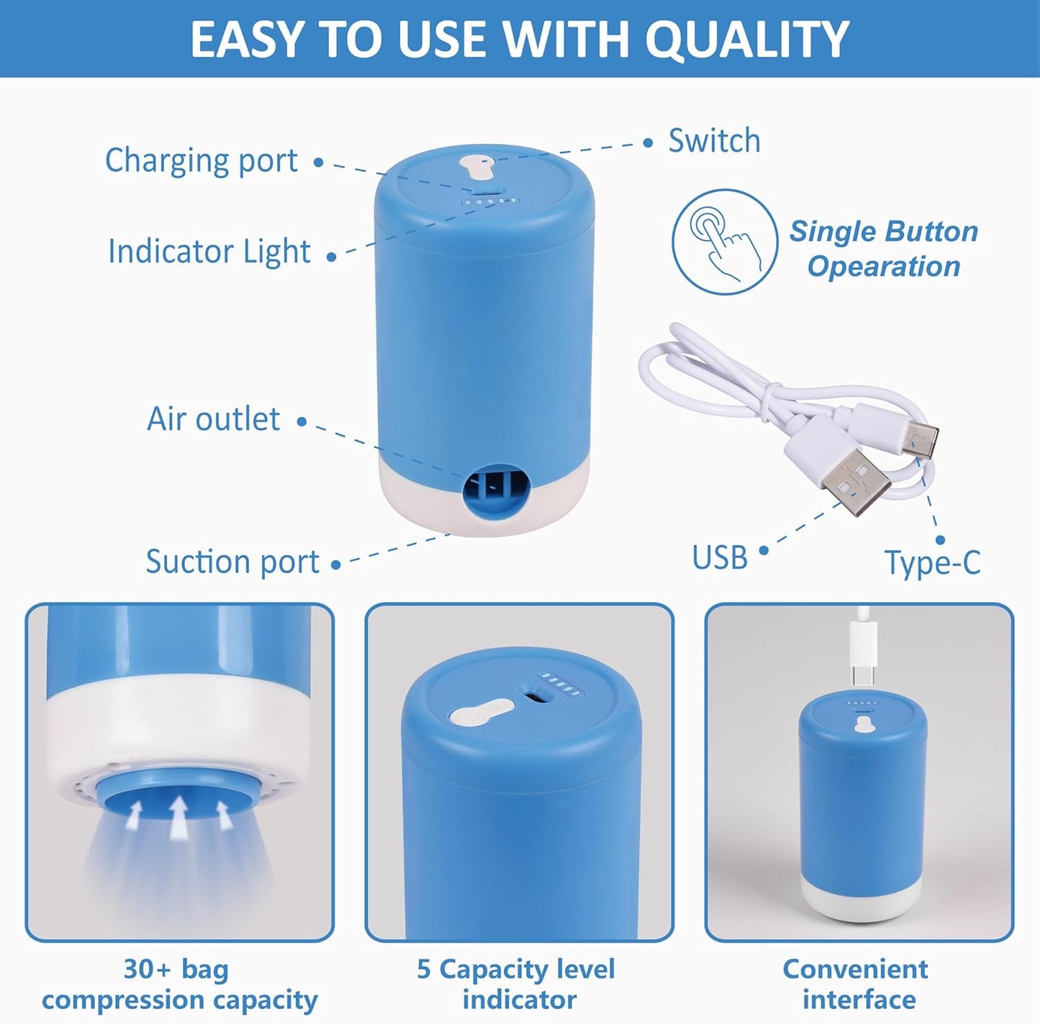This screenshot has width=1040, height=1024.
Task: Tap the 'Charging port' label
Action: pos(201,160)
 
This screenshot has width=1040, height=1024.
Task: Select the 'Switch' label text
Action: pos(714,140)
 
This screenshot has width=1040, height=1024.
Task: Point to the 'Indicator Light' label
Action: pos(209,252)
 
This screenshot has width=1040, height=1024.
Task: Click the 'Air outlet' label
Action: pos(213,419)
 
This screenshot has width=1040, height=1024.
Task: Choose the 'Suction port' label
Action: pos(232,562)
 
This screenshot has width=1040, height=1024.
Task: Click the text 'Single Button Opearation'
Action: pos(884,249)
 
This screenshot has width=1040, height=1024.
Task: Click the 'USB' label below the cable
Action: pos(719,557)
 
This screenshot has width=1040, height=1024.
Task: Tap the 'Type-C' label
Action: pos(932,562)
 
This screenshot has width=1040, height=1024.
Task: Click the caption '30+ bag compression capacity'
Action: pos(178,984)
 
